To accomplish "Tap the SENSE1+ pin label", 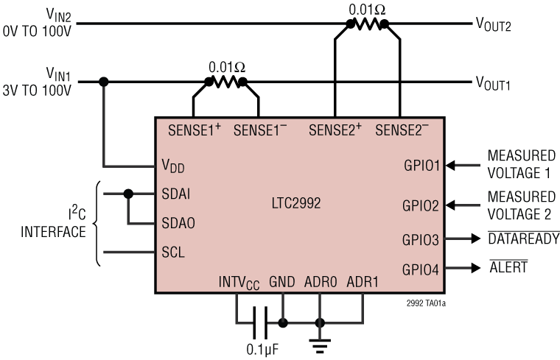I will [195, 130].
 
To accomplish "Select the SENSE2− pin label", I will [402, 130].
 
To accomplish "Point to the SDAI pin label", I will [177, 194].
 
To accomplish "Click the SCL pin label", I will [173, 252].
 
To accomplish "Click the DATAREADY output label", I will [524, 239].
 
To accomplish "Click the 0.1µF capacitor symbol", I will [259, 322].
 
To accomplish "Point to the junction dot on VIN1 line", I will [104, 82].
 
